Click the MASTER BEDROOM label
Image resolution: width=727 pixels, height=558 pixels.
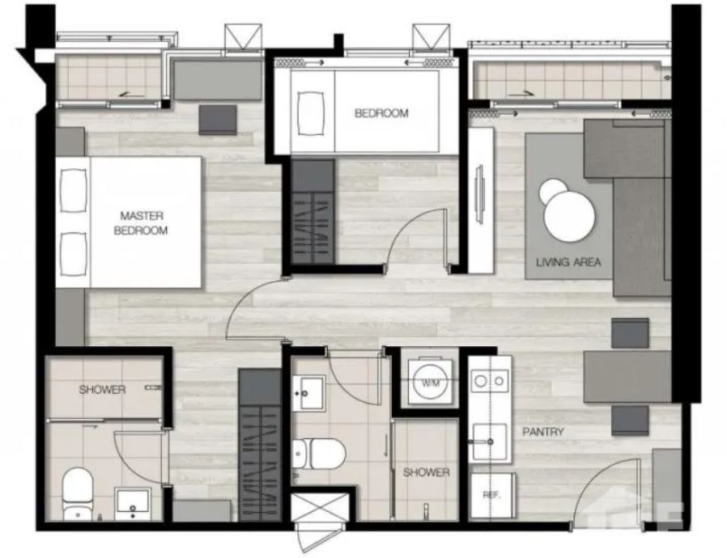[x=141, y=222]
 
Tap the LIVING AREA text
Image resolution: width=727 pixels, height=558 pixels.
[x=568, y=262]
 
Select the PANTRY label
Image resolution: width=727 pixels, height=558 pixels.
[x=543, y=432]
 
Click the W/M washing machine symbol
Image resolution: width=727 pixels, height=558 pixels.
[x=430, y=383]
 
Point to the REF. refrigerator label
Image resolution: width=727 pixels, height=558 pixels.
[x=492, y=495]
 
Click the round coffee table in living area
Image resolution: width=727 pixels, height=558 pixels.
[x=569, y=214]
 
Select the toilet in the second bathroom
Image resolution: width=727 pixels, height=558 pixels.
[x=319, y=453]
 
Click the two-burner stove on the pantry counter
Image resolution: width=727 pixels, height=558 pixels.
[x=490, y=381]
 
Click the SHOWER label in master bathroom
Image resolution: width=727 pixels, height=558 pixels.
[x=103, y=390]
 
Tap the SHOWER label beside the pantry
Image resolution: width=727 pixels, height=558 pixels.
[x=426, y=472]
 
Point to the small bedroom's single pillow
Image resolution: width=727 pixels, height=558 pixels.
[x=311, y=113]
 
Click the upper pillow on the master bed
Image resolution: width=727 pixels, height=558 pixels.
[x=73, y=191]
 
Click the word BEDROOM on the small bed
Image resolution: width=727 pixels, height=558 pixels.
[x=381, y=113]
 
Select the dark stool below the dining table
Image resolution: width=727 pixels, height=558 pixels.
[x=630, y=421]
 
